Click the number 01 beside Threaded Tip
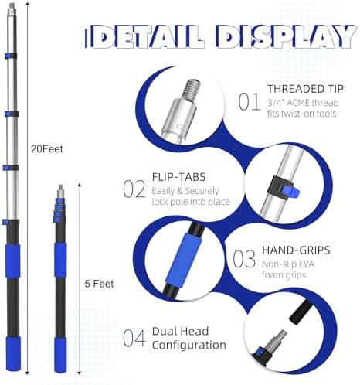tap(250, 102)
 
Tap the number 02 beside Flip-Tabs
tap(134, 189)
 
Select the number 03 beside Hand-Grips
tap(244, 259)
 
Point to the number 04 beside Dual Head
tap(134, 338)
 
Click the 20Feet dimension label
tap(47, 149)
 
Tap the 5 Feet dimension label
tap(99, 284)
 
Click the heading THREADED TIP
tap(305, 89)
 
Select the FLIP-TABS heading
tap(178, 177)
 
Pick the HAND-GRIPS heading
tap(296, 250)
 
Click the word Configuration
tap(189, 345)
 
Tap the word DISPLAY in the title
tap(287, 36)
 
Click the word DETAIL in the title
tap(144, 37)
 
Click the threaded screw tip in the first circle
tap(191, 91)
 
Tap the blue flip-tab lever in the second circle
tap(290, 192)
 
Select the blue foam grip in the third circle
tap(183, 258)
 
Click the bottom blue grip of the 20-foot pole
tap(13, 353)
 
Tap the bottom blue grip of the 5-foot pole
tap(60, 355)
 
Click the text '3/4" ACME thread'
tap(303, 103)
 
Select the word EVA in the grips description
tap(304, 264)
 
